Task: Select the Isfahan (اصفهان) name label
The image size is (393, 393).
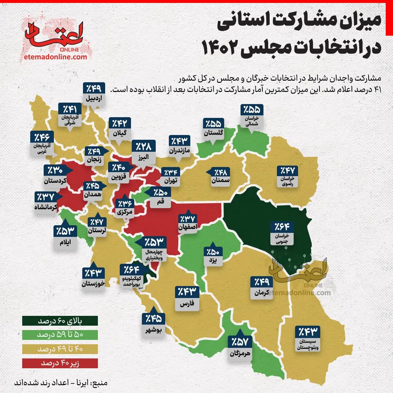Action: pyautogui.click(x=188, y=228)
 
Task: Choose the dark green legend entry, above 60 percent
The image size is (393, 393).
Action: pyautogui.click(x=60, y=321)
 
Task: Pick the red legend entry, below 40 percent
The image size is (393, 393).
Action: pyautogui.click(x=60, y=363)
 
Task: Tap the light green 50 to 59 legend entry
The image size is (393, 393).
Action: pyautogui.click(x=60, y=335)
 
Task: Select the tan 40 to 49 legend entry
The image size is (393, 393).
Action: pyautogui.click(x=60, y=349)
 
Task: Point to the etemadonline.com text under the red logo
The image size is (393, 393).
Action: pyautogui.click(x=55, y=57)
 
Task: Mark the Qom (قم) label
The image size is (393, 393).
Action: pyautogui.click(x=160, y=201)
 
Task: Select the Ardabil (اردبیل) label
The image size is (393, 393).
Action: pyautogui.click(x=94, y=99)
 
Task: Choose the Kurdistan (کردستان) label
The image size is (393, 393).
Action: pyautogui.click(x=55, y=181)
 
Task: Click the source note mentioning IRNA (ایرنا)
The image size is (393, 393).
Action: pyautogui.click(x=60, y=384)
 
